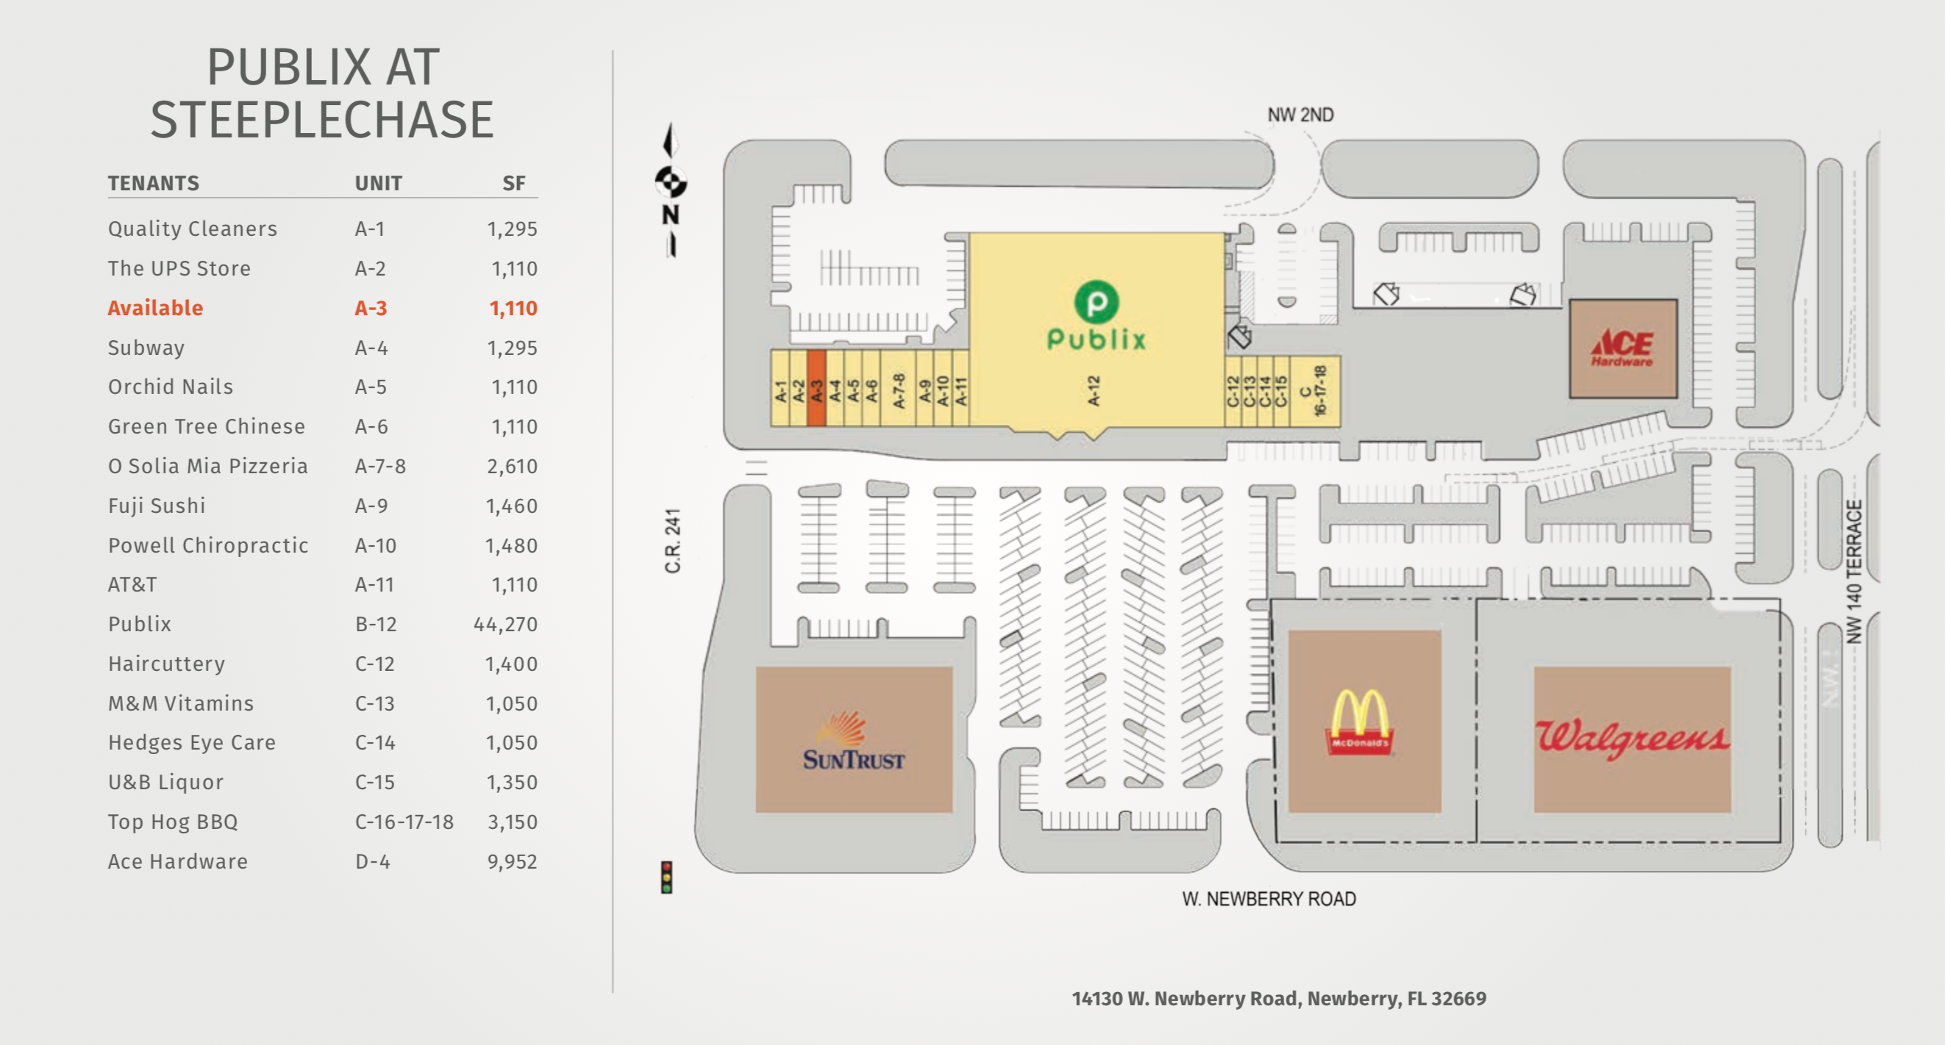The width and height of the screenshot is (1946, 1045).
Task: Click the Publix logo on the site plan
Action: (x=1096, y=315)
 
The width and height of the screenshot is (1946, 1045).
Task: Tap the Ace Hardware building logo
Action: (x=1622, y=348)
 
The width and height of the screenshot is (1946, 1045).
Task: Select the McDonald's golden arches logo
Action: (x=1359, y=722)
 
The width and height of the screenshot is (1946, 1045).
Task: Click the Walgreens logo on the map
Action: (x=1632, y=739)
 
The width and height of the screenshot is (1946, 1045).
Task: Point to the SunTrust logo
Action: (x=854, y=741)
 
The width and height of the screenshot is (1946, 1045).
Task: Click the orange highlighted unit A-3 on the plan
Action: (x=816, y=388)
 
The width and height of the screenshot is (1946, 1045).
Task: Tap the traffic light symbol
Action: (x=666, y=877)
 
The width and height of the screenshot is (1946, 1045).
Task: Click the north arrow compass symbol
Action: (x=670, y=190)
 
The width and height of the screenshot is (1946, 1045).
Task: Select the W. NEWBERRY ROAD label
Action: (x=1269, y=899)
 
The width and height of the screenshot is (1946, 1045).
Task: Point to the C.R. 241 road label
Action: (x=672, y=541)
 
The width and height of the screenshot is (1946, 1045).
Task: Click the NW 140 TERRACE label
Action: (x=1854, y=572)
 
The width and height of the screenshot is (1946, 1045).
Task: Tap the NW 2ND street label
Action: (x=1300, y=115)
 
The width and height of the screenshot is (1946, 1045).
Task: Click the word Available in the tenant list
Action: (x=155, y=308)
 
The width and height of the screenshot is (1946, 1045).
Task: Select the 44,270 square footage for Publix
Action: (x=505, y=625)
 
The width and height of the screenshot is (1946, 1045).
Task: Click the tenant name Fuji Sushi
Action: (x=157, y=506)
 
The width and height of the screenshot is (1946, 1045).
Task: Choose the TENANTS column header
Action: (x=154, y=184)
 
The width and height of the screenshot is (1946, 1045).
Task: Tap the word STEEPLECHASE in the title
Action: (x=322, y=119)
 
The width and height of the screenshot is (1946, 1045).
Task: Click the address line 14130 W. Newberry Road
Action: (x=1279, y=998)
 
